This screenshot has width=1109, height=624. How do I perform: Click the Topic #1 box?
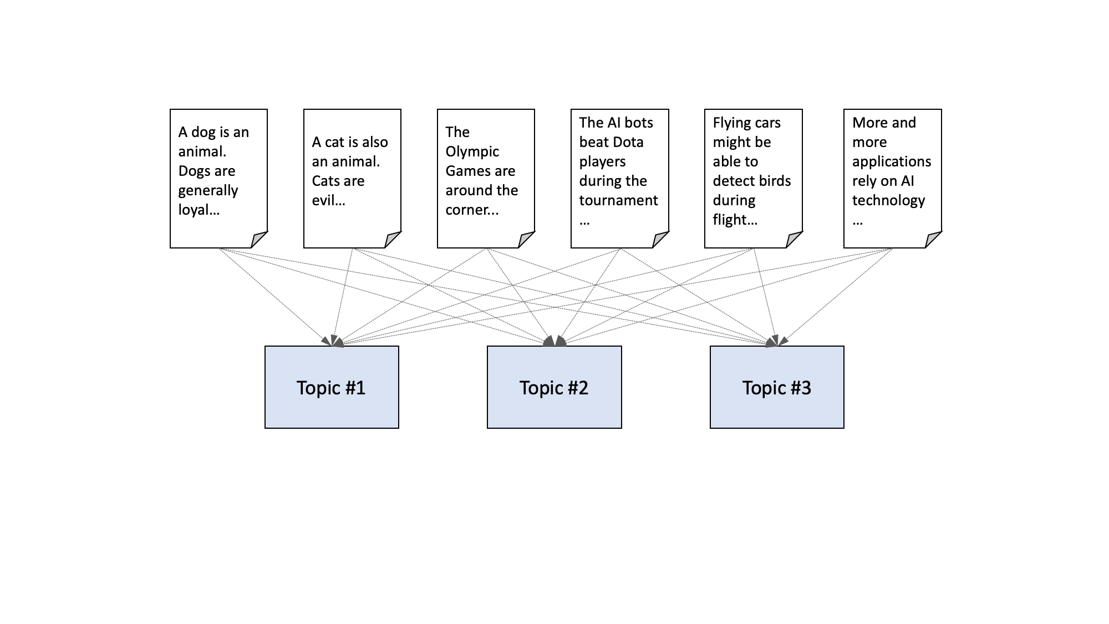point(332,387)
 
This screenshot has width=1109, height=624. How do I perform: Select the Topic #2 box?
point(554,387)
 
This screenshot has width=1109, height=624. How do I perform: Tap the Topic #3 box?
point(776,387)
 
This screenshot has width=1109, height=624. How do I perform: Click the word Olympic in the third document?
point(472,151)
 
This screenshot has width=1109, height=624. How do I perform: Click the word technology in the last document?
point(888,200)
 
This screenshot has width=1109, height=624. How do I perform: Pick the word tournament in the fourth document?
point(618,200)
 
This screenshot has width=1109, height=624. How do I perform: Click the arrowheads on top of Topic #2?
point(554,341)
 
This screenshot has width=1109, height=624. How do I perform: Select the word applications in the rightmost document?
point(891,161)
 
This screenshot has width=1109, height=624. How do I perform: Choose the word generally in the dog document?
point(208,191)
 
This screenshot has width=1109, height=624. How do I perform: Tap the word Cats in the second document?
point(325,181)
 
